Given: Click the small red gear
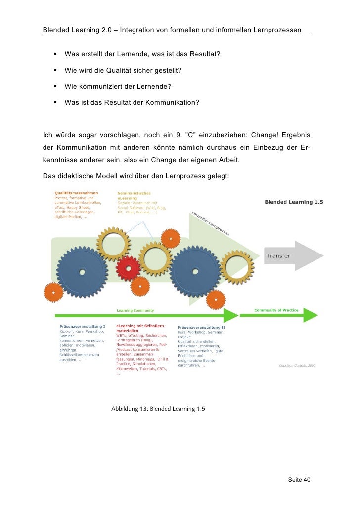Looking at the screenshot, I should (128, 268).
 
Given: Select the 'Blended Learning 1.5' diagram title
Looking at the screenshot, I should (289, 202).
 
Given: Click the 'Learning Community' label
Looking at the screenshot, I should (135, 310).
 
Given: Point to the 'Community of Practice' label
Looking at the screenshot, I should (276, 310).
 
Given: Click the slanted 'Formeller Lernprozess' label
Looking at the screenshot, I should (210, 223).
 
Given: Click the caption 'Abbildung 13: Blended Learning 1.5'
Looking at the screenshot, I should (158, 409).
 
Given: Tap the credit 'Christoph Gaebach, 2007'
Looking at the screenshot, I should (297, 365).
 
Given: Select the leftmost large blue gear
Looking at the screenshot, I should (82, 272).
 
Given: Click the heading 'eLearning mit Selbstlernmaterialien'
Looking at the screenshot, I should (141, 329).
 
